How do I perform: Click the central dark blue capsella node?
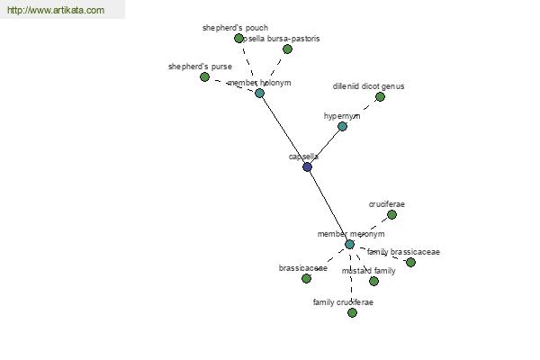307,166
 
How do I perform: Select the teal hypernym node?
342,126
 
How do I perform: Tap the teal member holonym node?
259,93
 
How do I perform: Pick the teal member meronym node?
349,244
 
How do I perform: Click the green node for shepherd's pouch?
238,39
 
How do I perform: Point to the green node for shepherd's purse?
204,77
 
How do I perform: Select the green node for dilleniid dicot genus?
380,96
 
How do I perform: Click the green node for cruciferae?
391,214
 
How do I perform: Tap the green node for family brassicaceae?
410,262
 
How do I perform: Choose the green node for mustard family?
373,281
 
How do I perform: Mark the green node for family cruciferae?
352,312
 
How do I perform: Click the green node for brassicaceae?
306,278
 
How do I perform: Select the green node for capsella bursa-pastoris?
287,49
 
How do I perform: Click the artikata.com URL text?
56,11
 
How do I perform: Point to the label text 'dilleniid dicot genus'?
369,86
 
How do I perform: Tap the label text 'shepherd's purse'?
200,67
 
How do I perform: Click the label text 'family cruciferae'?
343,302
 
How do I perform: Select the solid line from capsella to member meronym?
328,206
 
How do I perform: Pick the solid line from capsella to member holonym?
283,129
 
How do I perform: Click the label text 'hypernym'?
342,116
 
